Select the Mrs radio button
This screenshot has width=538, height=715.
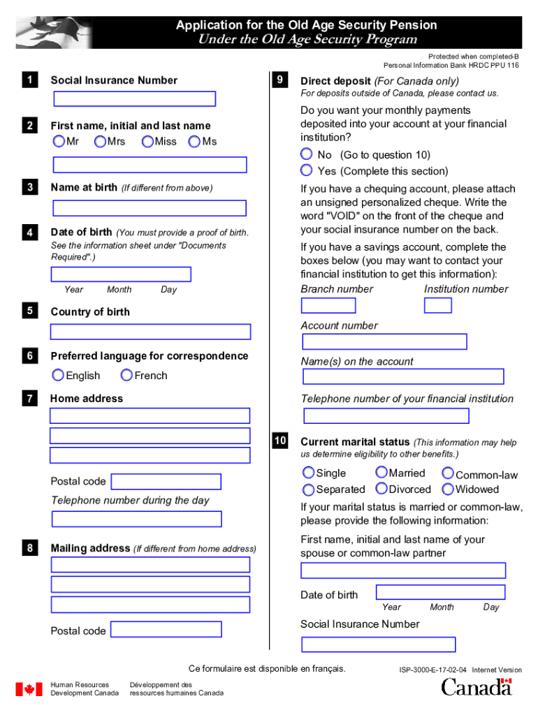click(x=101, y=142)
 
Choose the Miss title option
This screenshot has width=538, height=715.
click(x=147, y=142)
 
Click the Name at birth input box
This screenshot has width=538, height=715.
click(x=150, y=208)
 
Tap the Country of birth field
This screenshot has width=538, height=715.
click(x=150, y=332)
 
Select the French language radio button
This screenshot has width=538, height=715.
click(x=126, y=376)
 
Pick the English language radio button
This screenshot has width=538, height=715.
click(x=58, y=376)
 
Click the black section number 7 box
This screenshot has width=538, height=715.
click(x=29, y=399)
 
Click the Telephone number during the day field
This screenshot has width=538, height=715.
click(x=137, y=519)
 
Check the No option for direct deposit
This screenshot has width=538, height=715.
click(x=307, y=154)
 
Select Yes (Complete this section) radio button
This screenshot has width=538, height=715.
click(x=307, y=170)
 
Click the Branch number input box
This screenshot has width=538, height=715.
click(x=328, y=306)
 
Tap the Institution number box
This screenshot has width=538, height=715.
click(x=438, y=306)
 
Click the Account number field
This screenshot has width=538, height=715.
click(x=384, y=342)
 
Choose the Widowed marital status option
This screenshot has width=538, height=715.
click(x=448, y=489)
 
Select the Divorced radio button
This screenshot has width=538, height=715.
click(x=381, y=489)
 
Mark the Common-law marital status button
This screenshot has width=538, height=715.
click(x=448, y=474)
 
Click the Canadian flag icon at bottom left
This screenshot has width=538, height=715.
click(x=29, y=689)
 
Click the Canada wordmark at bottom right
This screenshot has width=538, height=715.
click(x=477, y=687)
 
